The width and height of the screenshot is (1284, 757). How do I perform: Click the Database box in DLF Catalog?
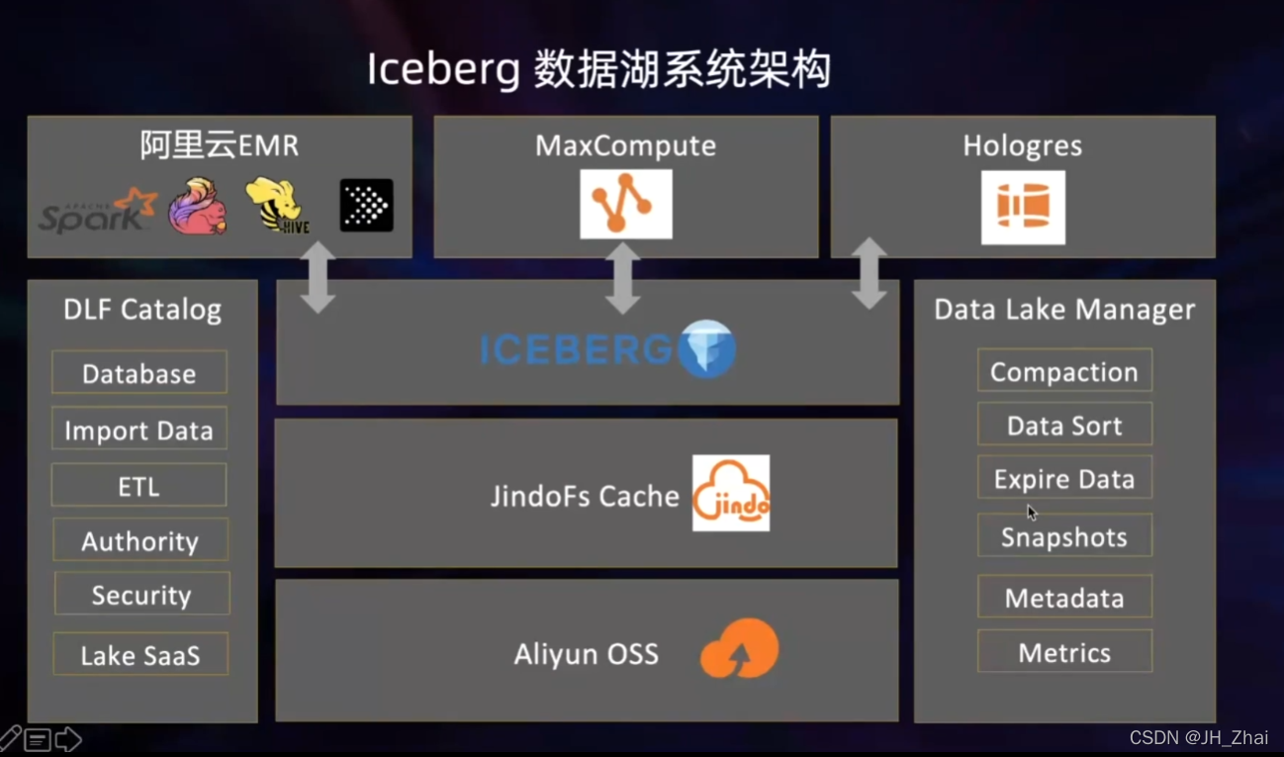click(x=139, y=373)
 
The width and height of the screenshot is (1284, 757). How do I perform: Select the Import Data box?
click(x=139, y=430)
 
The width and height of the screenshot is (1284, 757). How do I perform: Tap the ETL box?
click(x=138, y=486)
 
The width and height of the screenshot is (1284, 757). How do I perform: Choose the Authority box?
click(x=140, y=540)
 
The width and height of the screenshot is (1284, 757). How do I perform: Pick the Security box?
click(x=141, y=595)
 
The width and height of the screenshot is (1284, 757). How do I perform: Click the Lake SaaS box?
click(x=140, y=654)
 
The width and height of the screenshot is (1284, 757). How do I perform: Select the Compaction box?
click(x=1064, y=371)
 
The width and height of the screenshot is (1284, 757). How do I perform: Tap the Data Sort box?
click(x=1064, y=426)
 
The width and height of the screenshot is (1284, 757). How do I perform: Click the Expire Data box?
click(x=1064, y=479)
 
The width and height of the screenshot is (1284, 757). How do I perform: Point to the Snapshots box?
click(x=1064, y=536)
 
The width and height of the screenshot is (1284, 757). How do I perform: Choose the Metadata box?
click(x=1064, y=598)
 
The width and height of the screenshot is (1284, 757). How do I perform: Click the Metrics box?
click(x=1064, y=652)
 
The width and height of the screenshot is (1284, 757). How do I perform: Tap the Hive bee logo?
click(x=277, y=206)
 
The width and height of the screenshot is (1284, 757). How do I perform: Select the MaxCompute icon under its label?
click(x=625, y=204)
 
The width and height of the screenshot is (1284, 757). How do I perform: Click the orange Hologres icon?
click(x=1023, y=207)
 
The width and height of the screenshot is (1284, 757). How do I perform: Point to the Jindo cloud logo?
click(x=731, y=494)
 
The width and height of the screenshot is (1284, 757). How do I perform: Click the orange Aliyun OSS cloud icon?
click(x=740, y=649)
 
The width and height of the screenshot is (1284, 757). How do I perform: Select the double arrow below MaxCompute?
click(x=622, y=278)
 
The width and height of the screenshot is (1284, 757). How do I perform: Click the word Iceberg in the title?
click(x=442, y=70)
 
